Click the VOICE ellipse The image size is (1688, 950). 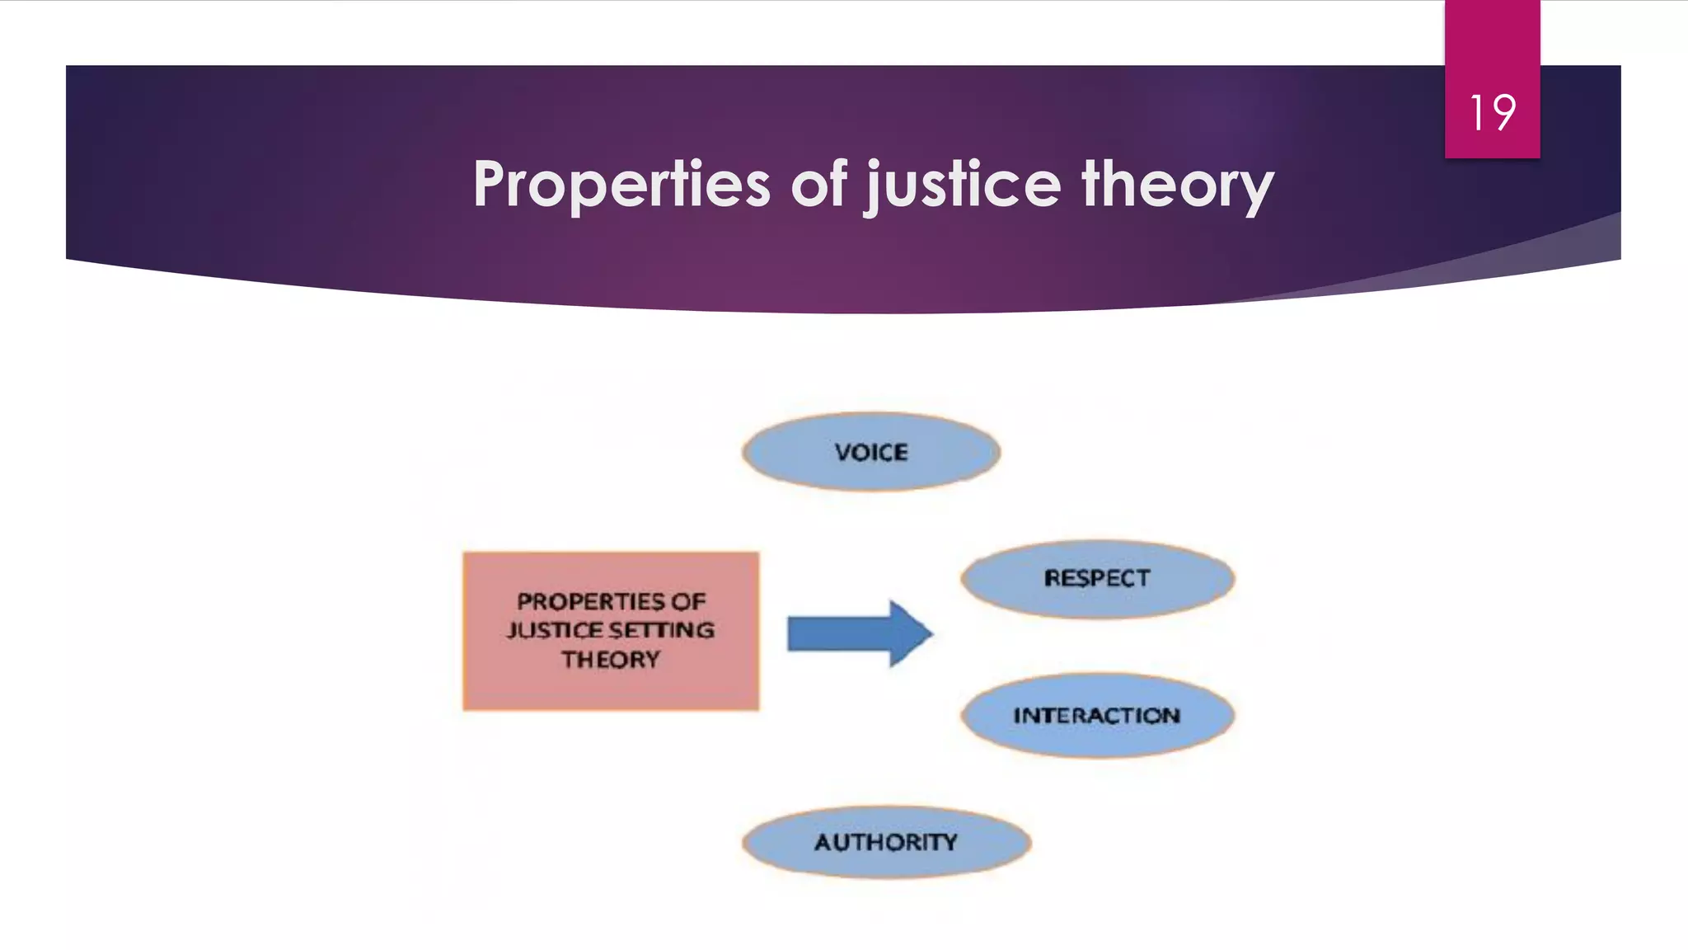click(x=871, y=452)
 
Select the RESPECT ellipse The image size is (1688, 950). click(x=1097, y=578)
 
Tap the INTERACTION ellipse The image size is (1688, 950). click(x=1097, y=715)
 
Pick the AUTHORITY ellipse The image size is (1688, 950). click(x=886, y=842)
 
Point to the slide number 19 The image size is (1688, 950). click(x=1492, y=112)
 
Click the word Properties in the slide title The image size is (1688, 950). click(x=621, y=185)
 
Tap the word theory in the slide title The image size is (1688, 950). click(x=1178, y=185)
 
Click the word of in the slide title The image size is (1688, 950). click(x=818, y=183)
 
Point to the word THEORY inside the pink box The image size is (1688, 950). click(x=611, y=660)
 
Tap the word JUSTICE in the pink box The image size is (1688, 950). click(x=555, y=630)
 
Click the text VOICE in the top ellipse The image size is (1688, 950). click(x=871, y=452)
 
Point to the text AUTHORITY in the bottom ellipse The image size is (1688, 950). click(x=886, y=842)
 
